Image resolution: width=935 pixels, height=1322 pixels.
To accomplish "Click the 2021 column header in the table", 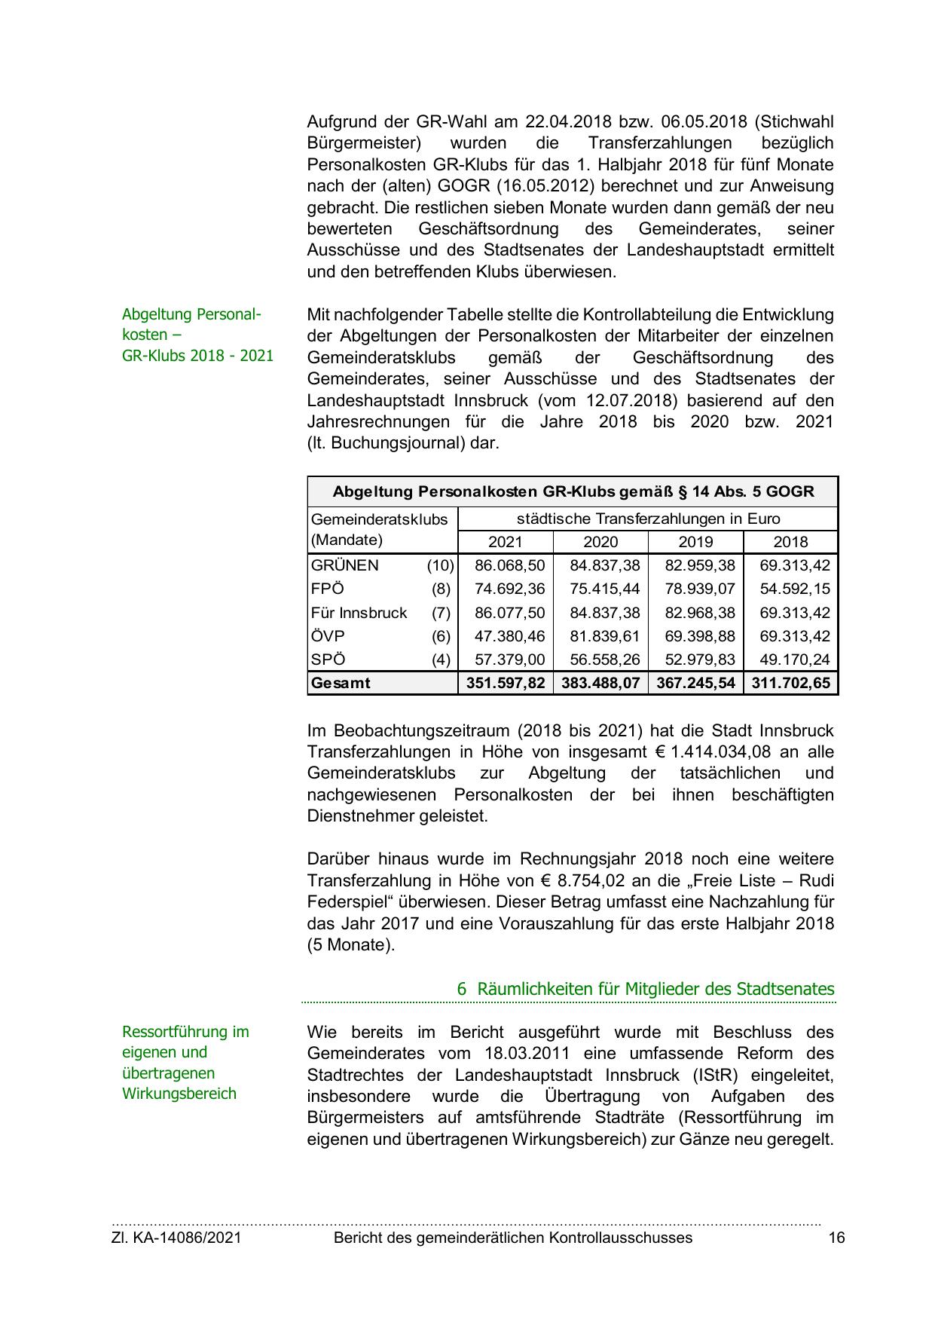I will (505, 542).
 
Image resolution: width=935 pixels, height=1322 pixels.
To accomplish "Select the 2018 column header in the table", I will (790, 542).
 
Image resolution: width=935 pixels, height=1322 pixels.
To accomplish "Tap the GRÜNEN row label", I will (345, 565).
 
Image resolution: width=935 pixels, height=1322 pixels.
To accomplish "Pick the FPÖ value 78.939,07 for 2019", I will (699, 589).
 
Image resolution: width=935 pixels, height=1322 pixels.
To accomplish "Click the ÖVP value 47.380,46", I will (509, 636).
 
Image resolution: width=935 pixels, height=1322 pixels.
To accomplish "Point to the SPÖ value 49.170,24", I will (794, 659).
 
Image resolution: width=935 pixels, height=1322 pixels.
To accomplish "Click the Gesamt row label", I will (341, 684).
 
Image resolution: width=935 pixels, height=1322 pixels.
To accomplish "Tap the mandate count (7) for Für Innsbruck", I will (441, 613).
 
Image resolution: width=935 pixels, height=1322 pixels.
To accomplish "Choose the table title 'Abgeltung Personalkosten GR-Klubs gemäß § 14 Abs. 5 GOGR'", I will (573, 492).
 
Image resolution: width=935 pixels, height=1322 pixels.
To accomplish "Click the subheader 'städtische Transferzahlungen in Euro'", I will (648, 519).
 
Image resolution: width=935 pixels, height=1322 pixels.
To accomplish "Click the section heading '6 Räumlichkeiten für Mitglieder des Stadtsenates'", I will (645, 989).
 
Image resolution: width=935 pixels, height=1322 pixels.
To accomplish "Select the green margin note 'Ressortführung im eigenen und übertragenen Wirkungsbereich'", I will (185, 1063).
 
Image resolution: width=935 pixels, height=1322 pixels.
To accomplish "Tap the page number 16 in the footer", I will (836, 1238).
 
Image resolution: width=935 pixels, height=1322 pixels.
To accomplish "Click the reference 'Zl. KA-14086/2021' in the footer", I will (176, 1238).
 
